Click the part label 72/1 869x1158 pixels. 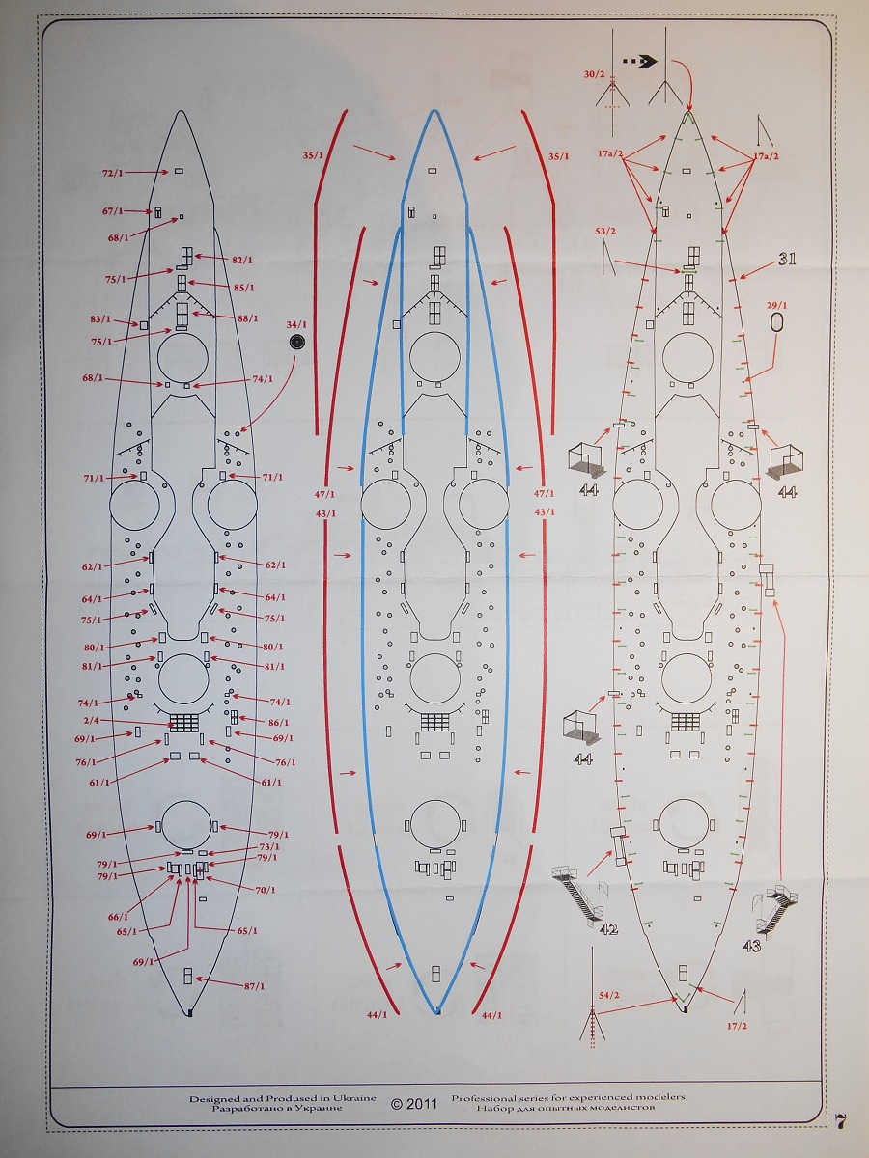(x=113, y=172)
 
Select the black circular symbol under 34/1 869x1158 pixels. (x=296, y=342)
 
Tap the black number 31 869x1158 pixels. (x=787, y=259)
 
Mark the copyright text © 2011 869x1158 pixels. (x=414, y=1103)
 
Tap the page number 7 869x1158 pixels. (x=842, y=1121)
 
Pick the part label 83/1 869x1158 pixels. (x=100, y=318)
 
